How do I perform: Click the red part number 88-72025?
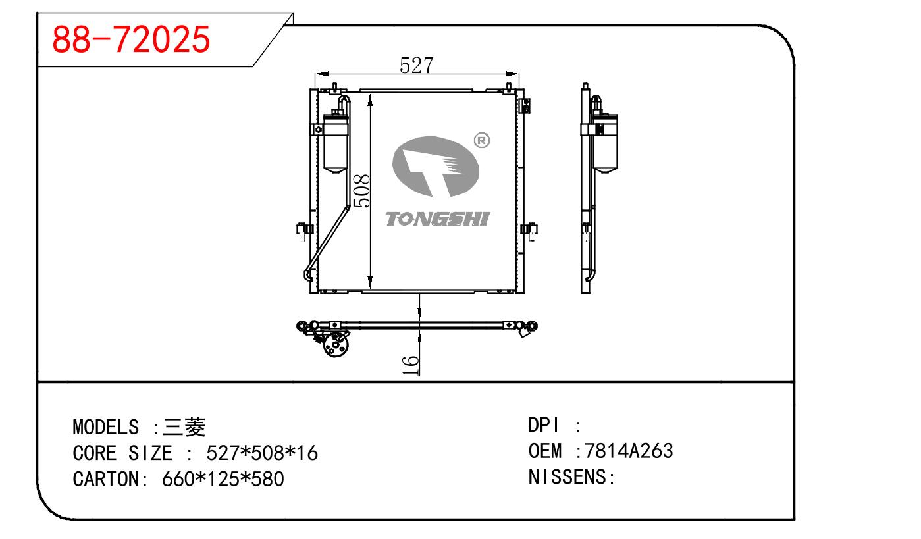[x=131, y=39]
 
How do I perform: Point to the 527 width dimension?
[x=417, y=65]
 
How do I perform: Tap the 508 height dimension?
[x=361, y=191]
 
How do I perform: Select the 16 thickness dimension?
[x=410, y=366]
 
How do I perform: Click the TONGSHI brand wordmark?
[x=438, y=219]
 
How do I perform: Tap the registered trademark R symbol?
[x=482, y=141]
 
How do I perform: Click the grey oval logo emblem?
[x=436, y=167]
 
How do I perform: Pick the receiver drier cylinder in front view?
[x=336, y=143]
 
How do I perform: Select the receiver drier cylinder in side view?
[x=605, y=143]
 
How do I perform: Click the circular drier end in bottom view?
[x=336, y=345]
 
